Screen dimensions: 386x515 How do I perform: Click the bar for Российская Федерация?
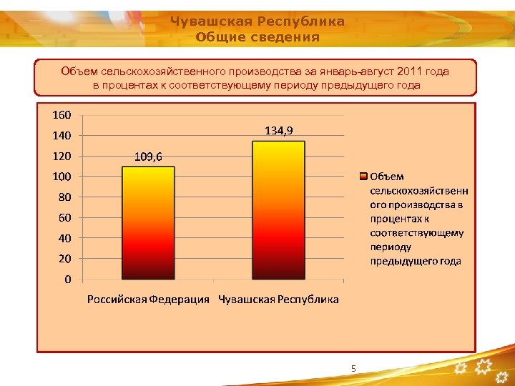(x=148, y=222)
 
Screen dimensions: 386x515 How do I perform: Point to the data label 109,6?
(x=148, y=157)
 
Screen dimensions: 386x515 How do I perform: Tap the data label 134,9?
(x=279, y=130)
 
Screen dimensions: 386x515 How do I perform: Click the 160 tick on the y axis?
(x=61, y=114)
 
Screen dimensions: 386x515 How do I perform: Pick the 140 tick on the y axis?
(x=61, y=135)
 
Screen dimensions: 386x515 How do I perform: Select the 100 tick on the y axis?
(x=61, y=177)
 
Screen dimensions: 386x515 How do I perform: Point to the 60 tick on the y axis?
(x=64, y=217)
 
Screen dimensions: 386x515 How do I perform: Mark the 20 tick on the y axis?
(x=64, y=259)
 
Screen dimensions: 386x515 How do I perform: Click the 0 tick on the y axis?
(x=67, y=279)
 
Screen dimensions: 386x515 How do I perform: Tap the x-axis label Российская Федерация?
(x=148, y=300)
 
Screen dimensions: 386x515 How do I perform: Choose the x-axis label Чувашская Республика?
(x=279, y=300)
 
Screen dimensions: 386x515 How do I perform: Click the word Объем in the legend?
(x=387, y=177)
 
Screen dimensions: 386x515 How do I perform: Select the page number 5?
(x=353, y=368)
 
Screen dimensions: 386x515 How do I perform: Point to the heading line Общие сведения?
(x=257, y=37)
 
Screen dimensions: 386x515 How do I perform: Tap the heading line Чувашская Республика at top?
(x=257, y=21)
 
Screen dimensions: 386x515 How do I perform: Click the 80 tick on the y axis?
(x=64, y=197)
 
